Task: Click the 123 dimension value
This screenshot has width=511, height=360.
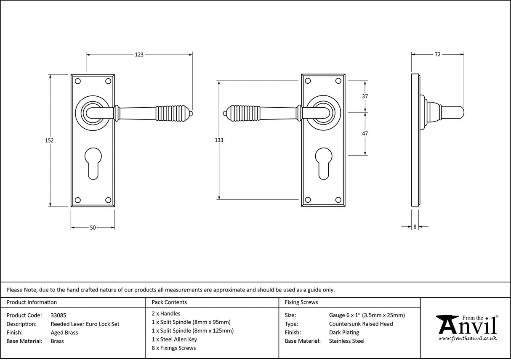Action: coord(139,54)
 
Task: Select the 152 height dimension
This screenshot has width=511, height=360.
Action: coord(49,140)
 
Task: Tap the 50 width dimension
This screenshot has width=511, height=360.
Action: coord(93,228)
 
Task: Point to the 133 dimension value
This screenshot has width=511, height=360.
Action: coord(219,140)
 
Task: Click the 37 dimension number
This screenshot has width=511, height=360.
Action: coord(365,96)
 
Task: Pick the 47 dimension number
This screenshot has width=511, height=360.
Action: coord(365,134)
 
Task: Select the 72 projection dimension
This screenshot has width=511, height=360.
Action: coord(437,54)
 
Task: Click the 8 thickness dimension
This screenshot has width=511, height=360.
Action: coord(415,227)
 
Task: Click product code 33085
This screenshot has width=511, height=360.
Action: coord(58,315)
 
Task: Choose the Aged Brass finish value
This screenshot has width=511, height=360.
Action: coord(64,333)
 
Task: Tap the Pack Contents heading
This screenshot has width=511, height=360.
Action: coord(169,302)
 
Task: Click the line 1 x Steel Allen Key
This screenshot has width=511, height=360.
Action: coord(174,339)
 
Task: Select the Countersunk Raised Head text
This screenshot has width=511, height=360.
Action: coord(361,324)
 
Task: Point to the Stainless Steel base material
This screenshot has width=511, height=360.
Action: coord(346,341)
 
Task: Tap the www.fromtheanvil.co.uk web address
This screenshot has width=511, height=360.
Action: coord(467,339)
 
